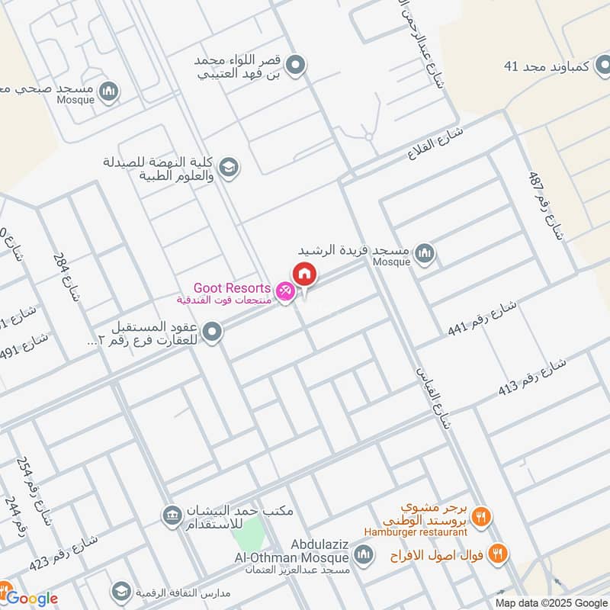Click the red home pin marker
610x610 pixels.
(304, 274)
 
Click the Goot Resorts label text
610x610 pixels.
(232, 288)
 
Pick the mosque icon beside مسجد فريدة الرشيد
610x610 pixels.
(424, 253)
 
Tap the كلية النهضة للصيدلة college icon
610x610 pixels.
(228, 165)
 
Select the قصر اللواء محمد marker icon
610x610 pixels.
(297, 66)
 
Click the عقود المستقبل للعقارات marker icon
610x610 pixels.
(213, 332)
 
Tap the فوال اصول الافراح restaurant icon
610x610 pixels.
(499, 553)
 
